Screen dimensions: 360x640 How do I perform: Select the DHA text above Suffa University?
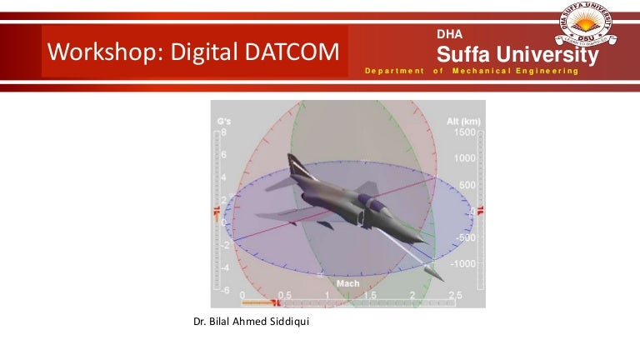tap(449, 34)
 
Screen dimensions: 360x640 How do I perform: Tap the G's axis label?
tap(223, 122)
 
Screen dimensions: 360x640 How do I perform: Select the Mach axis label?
tap(348, 284)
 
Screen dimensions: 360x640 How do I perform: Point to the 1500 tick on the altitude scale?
tap(464, 132)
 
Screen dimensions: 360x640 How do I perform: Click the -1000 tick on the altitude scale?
tap(462, 263)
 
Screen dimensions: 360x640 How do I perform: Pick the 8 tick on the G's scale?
tap(224, 132)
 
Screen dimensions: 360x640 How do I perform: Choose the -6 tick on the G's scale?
tap(223, 290)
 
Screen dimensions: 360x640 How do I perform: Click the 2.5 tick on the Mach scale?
tap(454, 296)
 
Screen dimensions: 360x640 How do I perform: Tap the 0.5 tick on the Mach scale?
tap(284, 296)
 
